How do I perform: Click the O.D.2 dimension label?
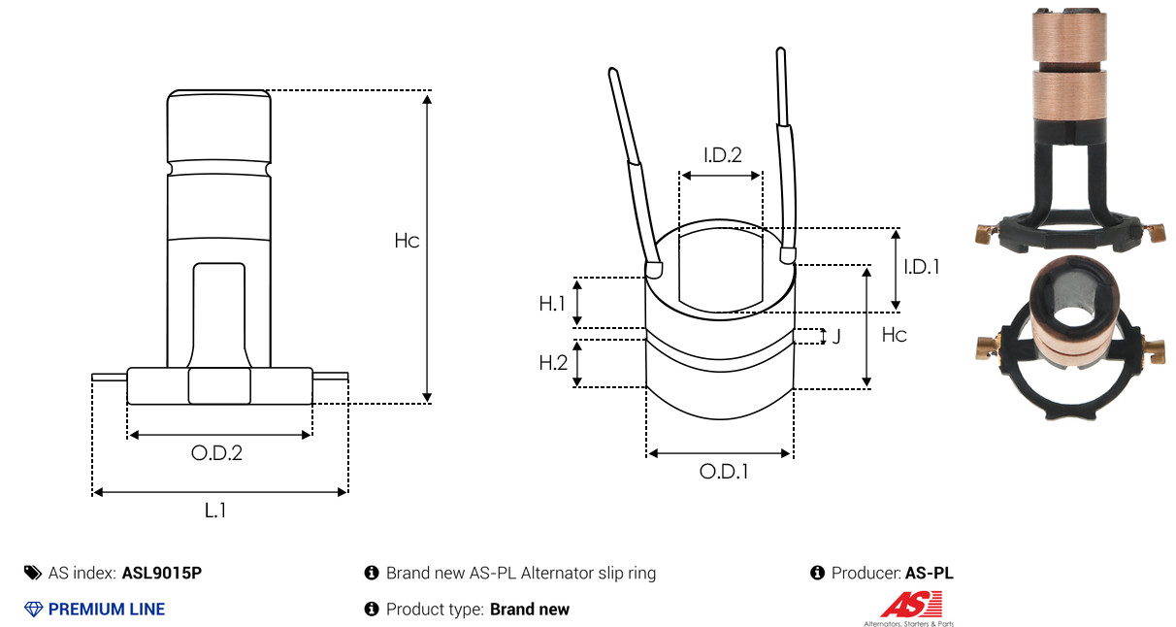click(216, 453)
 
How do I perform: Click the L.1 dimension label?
click(215, 511)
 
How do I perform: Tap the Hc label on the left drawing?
click(407, 241)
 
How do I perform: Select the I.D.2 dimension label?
click(723, 155)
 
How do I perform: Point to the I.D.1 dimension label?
click(922, 267)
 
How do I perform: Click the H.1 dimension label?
click(552, 304)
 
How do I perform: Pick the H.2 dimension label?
click(553, 363)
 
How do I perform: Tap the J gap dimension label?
click(836, 336)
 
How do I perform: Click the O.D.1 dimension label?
click(724, 472)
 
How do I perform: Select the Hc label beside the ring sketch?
click(894, 335)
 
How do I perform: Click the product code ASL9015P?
click(162, 573)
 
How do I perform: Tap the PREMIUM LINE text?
click(107, 610)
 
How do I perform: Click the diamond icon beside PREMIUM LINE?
click(34, 610)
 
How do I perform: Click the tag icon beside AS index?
click(33, 573)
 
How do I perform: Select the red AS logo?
click(911, 605)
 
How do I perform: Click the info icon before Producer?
click(817, 573)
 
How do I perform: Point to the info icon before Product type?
click(372, 610)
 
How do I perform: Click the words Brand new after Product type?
click(530, 610)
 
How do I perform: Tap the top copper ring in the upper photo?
click(1069, 36)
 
